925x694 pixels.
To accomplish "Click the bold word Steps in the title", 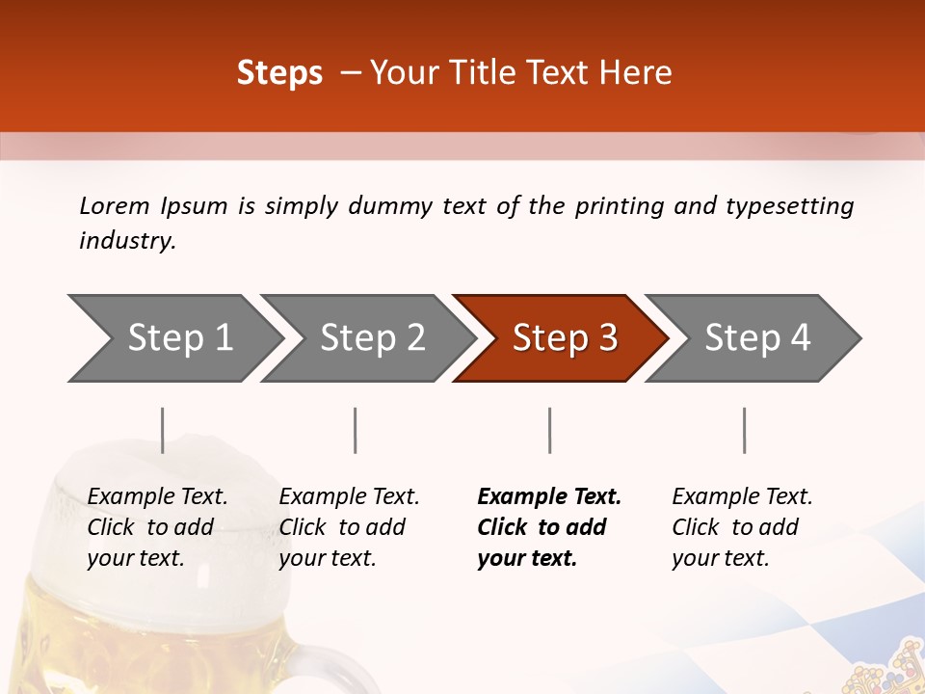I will pyautogui.click(x=279, y=73).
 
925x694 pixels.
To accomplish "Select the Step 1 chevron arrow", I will pyautogui.click(x=173, y=338).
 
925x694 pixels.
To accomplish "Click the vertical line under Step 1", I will pyautogui.click(x=163, y=430).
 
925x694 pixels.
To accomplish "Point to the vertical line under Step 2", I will pyautogui.click(x=356, y=430).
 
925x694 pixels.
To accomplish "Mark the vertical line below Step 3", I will pyautogui.click(x=549, y=430).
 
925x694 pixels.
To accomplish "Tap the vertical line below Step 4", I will pyautogui.click(x=744, y=430).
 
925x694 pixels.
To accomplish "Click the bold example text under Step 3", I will pyautogui.click(x=549, y=527).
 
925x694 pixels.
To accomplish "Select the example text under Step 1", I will pyautogui.click(x=157, y=527).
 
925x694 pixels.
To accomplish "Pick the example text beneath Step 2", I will pyautogui.click(x=349, y=527).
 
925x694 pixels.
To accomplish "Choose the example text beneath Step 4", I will pyautogui.click(x=742, y=527).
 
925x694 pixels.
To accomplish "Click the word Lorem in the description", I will pyautogui.click(x=115, y=206).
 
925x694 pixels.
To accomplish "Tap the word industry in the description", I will pyautogui.click(x=127, y=241).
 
